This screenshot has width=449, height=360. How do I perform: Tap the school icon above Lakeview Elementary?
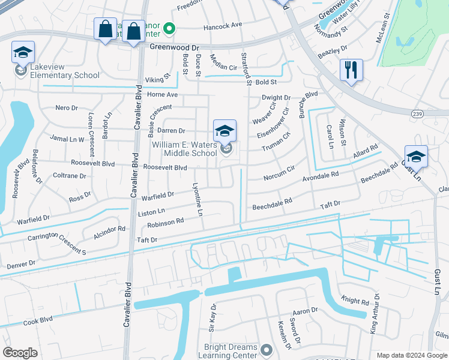click(x=23, y=53)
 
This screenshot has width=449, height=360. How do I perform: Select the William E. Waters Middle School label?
click(x=184, y=149)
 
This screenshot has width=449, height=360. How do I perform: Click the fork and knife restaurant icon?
click(x=351, y=70)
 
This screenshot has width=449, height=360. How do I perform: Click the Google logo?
click(x=20, y=353)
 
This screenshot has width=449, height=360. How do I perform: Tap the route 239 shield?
click(x=418, y=113)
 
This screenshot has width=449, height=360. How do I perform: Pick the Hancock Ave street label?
click(x=222, y=25)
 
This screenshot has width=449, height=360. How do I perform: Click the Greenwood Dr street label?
click(x=174, y=46)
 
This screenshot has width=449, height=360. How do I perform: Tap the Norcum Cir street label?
click(x=279, y=173)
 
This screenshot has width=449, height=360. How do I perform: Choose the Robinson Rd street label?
click(x=166, y=223)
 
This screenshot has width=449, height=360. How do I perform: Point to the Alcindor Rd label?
click(x=109, y=229)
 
